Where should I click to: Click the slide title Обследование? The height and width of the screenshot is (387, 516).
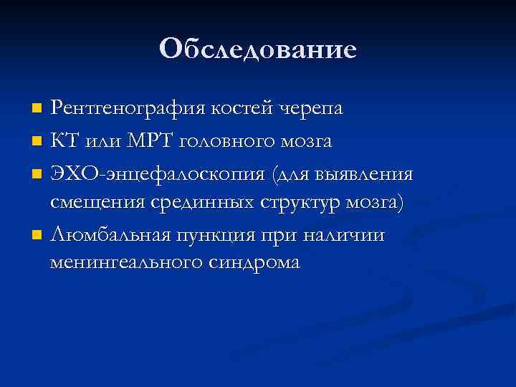(258, 49)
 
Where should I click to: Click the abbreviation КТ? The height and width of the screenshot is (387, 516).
(64, 140)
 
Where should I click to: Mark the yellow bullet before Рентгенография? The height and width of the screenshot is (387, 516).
(38, 110)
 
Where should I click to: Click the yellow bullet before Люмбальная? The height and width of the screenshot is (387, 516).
(38, 235)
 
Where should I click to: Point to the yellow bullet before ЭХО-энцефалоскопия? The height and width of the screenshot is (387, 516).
(38, 173)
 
